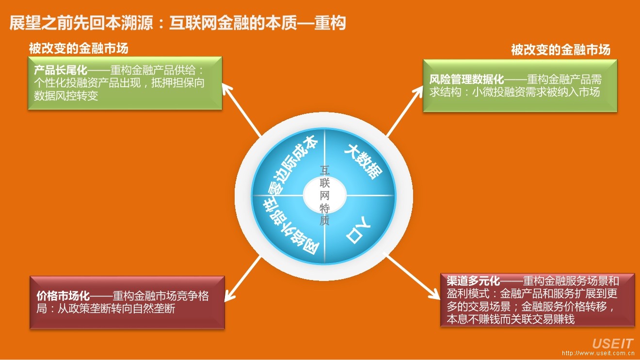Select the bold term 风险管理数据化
467,79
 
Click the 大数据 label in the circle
363,161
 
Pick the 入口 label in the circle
358,231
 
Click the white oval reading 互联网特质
324,196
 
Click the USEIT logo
612,344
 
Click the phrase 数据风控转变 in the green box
66,95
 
